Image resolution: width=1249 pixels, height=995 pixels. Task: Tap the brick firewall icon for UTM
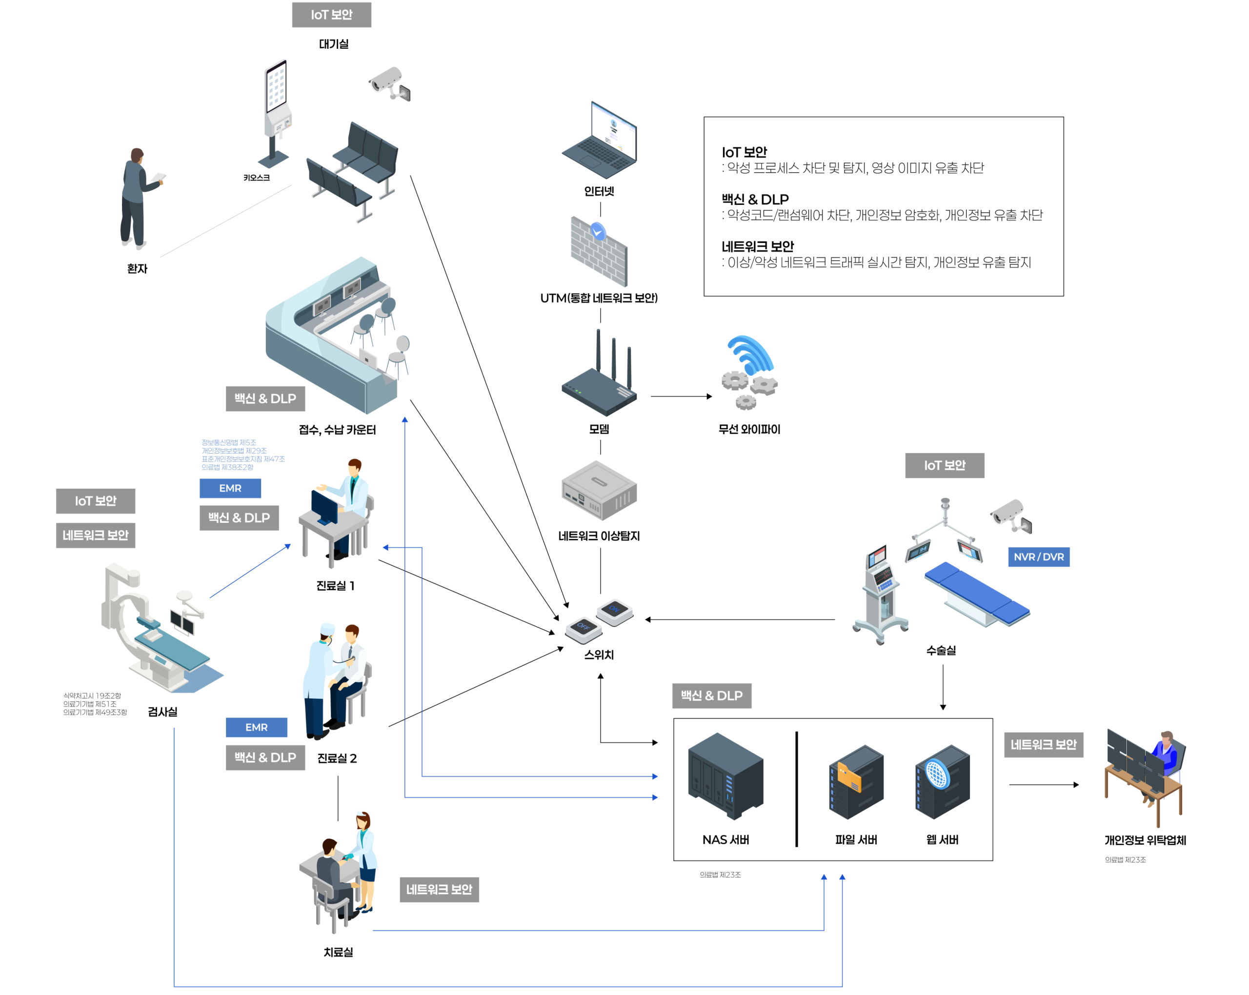point(599,253)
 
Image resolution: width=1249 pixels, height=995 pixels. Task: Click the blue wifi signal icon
point(751,355)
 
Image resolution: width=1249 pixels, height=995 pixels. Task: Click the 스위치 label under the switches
point(599,655)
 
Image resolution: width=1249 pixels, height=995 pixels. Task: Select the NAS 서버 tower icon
point(725,776)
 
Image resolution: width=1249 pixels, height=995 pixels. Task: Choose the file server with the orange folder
point(856,782)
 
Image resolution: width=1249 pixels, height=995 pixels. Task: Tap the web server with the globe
point(942,782)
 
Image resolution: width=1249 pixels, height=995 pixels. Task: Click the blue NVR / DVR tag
point(1039,557)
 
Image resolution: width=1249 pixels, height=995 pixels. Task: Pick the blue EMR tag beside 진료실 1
point(230,488)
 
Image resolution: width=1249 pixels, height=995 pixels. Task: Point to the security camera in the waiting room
point(390,83)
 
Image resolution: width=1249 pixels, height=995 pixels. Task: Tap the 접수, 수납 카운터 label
point(337,430)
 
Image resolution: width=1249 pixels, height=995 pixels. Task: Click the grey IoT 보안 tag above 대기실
point(331,15)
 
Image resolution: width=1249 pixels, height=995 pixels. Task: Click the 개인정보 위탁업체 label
point(1145,840)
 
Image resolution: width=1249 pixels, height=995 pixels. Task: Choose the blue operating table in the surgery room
point(977,594)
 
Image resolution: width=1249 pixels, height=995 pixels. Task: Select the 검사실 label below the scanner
point(163,712)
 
